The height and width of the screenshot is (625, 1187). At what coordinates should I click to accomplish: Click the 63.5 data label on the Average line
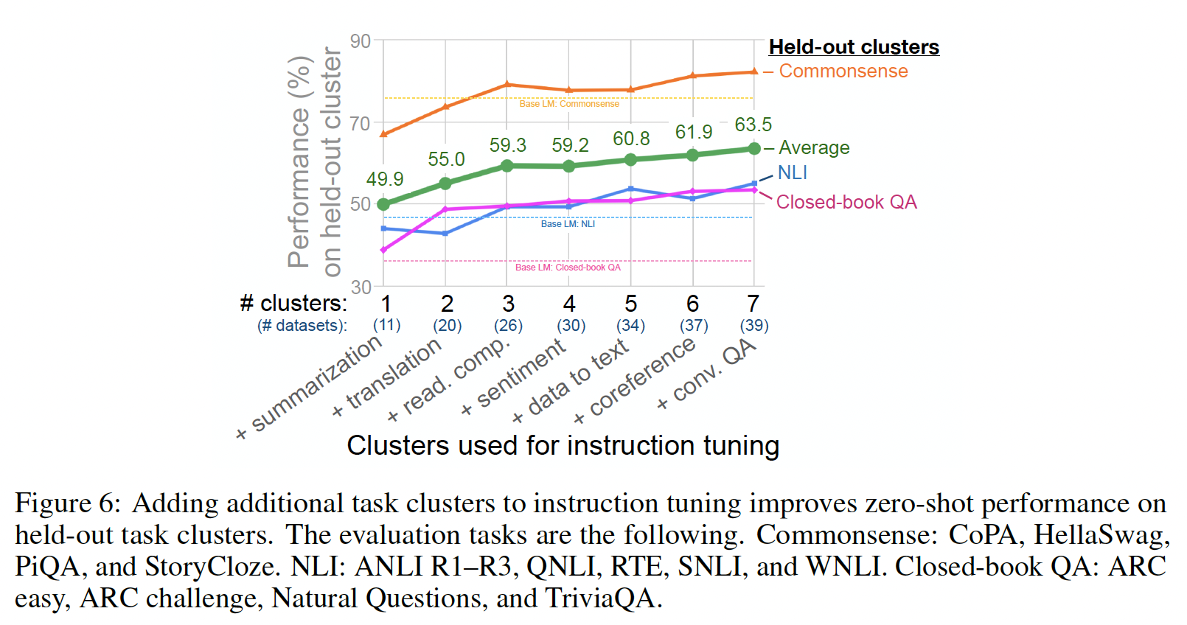753,125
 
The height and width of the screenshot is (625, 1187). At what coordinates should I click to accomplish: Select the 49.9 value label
385,179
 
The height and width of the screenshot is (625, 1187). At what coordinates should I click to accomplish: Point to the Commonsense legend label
843,71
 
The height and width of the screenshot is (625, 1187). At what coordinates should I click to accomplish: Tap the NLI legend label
793,172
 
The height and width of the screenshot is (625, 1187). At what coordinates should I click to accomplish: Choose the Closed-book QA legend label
846,202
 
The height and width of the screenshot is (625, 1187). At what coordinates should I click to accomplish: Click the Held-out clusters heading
854,47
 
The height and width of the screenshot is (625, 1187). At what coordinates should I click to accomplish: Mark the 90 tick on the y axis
361,41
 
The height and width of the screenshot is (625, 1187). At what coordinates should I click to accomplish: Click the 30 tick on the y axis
361,287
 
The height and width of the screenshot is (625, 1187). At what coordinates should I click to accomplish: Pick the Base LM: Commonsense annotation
569,104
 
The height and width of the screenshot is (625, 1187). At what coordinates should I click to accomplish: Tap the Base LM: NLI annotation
568,224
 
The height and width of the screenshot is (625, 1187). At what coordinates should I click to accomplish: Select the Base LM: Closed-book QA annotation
568,268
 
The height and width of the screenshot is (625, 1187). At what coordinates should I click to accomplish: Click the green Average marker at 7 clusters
754,149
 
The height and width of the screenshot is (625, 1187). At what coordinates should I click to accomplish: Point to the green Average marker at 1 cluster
383,204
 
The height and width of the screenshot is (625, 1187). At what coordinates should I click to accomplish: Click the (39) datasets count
754,326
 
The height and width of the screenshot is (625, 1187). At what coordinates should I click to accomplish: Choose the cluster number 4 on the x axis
569,304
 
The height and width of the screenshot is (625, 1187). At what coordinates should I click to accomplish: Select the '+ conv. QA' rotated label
707,374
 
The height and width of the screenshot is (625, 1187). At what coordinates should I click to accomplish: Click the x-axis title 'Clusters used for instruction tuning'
563,446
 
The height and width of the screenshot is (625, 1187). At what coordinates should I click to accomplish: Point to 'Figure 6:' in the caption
67,503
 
